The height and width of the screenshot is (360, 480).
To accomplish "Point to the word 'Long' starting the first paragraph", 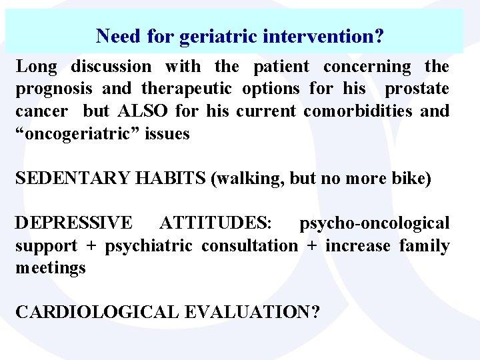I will [x=37, y=67].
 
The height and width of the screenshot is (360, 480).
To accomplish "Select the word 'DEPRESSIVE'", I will [x=74, y=223].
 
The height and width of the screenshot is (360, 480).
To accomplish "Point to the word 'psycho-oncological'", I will [x=374, y=223].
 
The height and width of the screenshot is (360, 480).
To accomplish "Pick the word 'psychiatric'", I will [x=150, y=246].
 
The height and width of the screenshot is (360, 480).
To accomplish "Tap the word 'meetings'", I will [x=51, y=268].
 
